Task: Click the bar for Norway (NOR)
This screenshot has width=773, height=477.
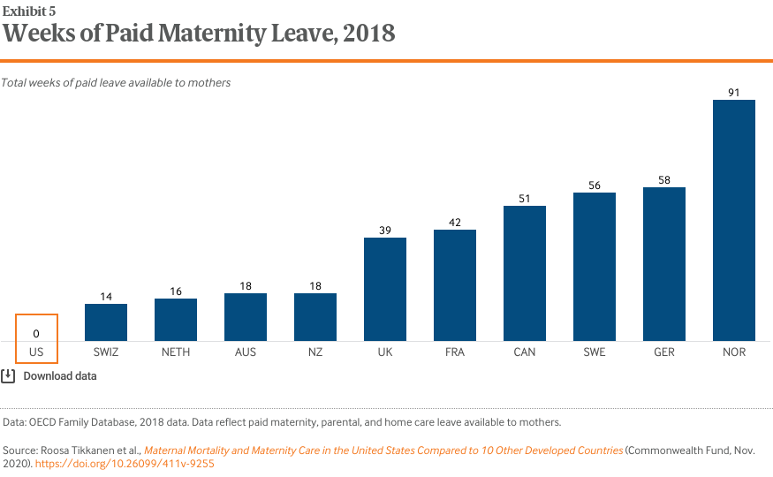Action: click(x=734, y=220)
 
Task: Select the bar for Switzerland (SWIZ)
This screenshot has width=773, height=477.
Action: click(x=106, y=322)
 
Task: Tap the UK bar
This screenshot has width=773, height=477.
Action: click(x=385, y=289)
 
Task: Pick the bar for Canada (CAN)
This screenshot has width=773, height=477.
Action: click(x=525, y=273)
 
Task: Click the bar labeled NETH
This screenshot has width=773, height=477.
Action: click(x=176, y=320)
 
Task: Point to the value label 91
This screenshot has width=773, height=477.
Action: click(x=734, y=90)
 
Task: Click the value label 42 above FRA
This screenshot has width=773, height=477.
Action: click(x=455, y=221)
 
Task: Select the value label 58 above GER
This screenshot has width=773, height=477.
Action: click(x=664, y=178)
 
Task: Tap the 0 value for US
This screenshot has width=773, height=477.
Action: click(x=36, y=333)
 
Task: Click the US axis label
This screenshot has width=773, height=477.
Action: click(x=36, y=352)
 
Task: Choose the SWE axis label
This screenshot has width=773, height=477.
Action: click(x=595, y=352)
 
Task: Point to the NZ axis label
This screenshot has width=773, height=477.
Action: click(x=315, y=352)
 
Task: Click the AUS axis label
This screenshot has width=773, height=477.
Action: click(x=246, y=352)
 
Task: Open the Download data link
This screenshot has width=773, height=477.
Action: click(x=60, y=375)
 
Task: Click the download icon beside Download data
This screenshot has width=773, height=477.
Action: click(x=8, y=375)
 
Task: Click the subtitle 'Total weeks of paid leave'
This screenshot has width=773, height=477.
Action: click(x=116, y=82)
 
